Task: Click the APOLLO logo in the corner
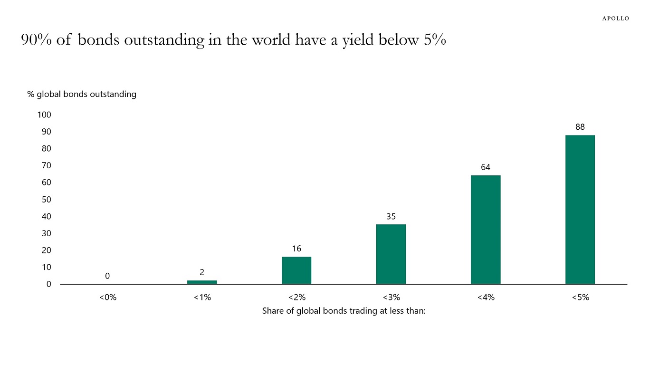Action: [616, 19]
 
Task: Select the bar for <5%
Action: [580, 210]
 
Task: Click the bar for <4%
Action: [485, 230]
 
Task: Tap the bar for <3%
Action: [391, 254]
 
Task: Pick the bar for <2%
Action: [296, 270]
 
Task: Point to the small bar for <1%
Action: [202, 282]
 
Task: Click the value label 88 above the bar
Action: [580, 127]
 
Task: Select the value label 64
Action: [485, 167]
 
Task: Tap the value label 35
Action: [391, 216]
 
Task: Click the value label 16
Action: [296, 249]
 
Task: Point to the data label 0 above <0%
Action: [107, 276]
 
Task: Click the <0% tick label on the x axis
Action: [107, 298]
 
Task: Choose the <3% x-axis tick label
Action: [391, 298]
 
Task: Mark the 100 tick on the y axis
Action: [44, 115]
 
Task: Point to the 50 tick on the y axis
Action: [46, 200]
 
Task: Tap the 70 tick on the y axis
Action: [46, 166]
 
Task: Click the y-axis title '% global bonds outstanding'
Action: [82, 94]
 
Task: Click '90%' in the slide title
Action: [36, 40]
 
